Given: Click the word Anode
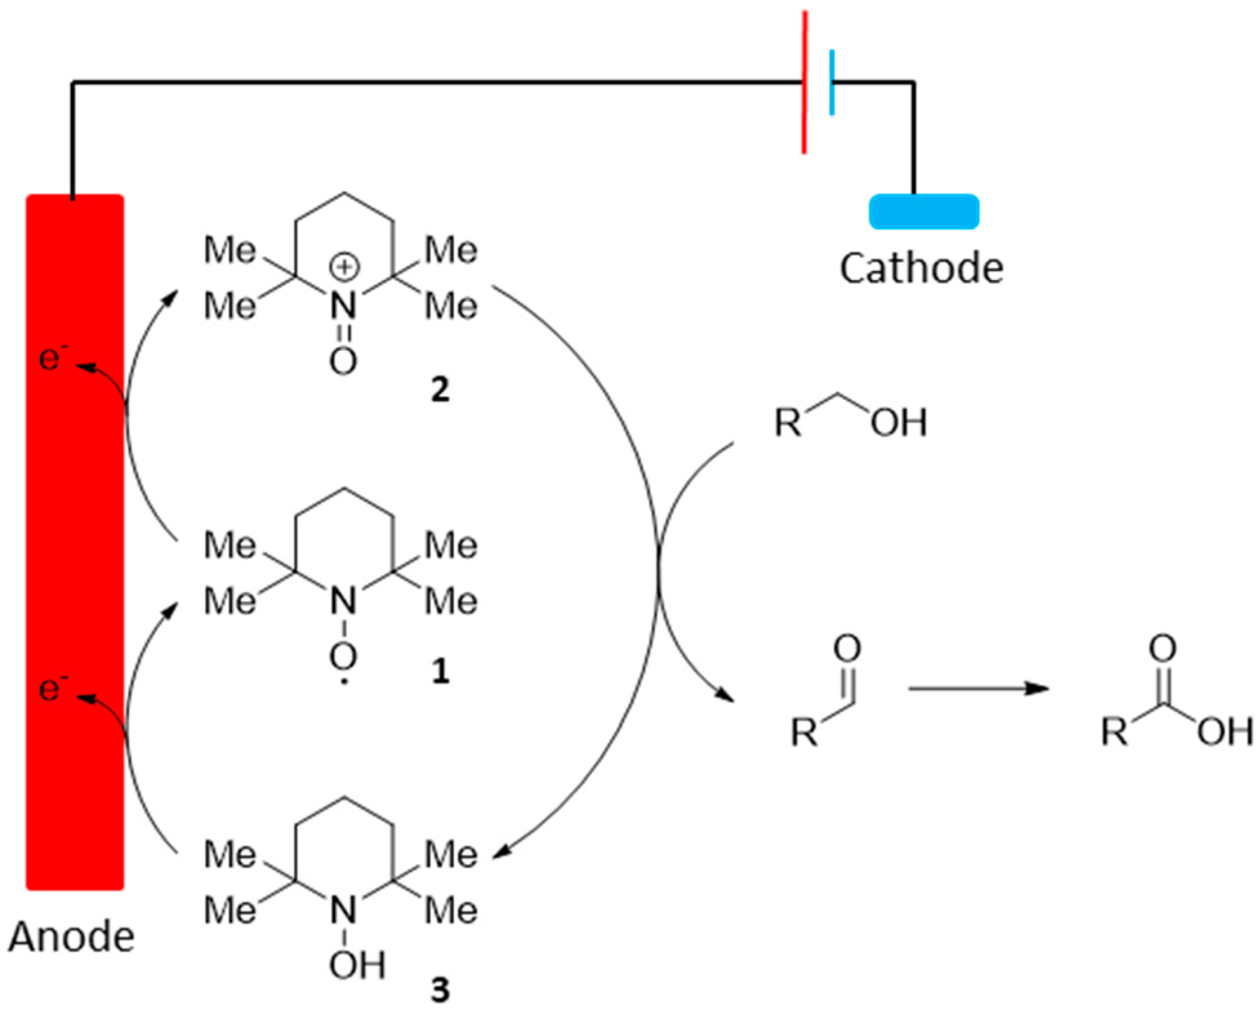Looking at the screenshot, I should (72, 936).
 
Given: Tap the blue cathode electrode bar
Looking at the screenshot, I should (924, 212).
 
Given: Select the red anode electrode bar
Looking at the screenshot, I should (74, 542).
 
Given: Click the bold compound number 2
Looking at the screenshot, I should (440, 390).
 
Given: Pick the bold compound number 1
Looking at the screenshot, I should (440, 671).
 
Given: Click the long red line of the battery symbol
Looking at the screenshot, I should (804, 83).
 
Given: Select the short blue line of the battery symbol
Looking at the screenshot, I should (832, 83).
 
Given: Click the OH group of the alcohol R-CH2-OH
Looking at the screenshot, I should (899, 422).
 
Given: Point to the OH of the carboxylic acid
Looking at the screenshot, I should (1225, 732).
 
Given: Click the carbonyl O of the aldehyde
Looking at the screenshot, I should (847, 649).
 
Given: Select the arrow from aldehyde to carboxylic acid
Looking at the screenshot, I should (977, 689).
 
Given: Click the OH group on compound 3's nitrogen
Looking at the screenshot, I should (356, 965).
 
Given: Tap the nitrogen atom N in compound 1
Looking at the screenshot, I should (343, 602).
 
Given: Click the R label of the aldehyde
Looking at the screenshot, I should (805, 733).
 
